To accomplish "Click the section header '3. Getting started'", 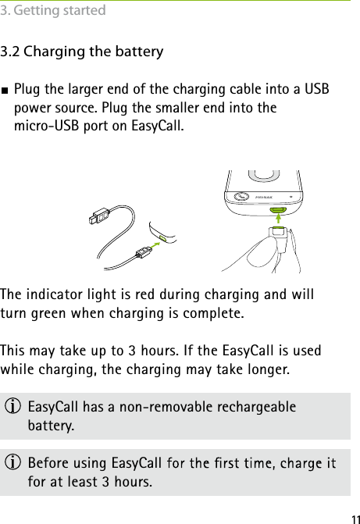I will tap(54, 10).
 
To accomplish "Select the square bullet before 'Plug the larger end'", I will tap(7, 89).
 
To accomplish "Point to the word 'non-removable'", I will tap(156, 408).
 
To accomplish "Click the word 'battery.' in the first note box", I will tap(52, 426).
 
